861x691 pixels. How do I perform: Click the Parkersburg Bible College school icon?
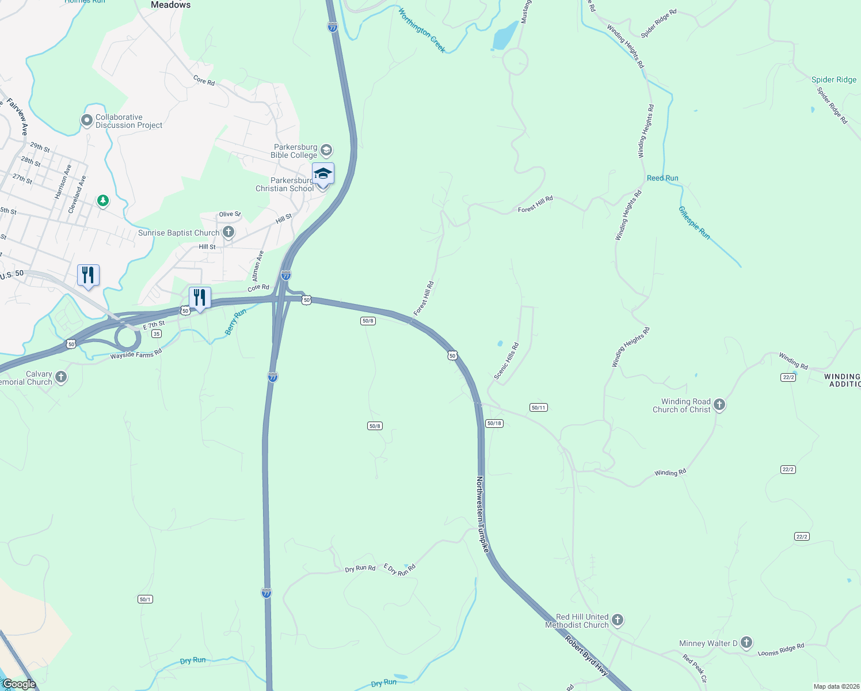pos(326,151)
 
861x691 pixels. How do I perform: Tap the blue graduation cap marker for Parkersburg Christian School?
pos(323,173)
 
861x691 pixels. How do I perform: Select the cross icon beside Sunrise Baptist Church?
pos(228,233)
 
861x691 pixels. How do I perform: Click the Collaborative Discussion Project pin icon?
pos(87,120)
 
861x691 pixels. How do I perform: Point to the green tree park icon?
pos(103,201)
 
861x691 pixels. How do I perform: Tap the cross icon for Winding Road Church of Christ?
pos(719,405)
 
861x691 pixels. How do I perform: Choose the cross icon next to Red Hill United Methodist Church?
pos(618,620)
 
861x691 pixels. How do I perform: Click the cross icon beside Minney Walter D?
pos(746,643)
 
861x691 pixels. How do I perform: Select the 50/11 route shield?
pos(538,408)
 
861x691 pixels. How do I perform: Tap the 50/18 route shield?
pos(494,423)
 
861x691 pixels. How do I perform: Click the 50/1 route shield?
pos(145,599)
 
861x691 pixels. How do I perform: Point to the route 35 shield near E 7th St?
pos(157,334)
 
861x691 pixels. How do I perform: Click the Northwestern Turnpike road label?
pos(482,514)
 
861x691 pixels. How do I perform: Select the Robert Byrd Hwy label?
pos(586,655)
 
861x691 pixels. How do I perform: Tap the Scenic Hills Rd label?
pos(506,362)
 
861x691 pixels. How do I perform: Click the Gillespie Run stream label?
pos(694,223)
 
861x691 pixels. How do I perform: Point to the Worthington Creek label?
pos(422,30)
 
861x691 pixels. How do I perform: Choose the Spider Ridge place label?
pos(834,80)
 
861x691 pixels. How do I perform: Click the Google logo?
pos(19,684)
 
